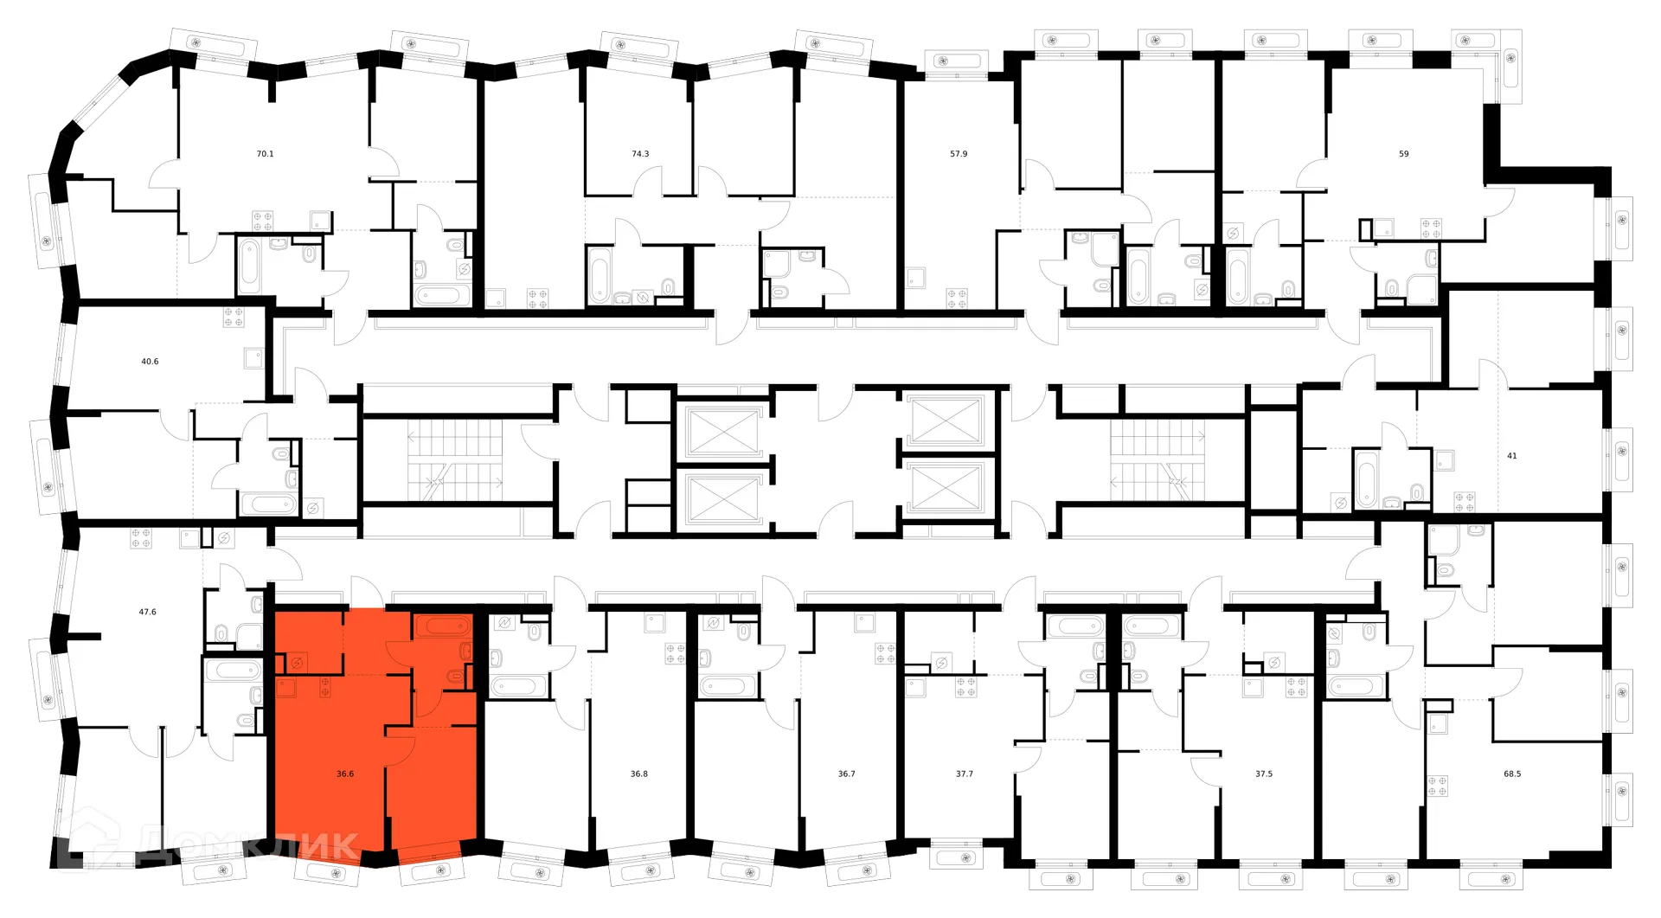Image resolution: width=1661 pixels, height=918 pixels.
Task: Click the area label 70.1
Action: coord(265,154)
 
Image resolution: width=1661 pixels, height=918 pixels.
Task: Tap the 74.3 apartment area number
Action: coord(640,154)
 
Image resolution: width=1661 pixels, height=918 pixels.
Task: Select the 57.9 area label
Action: coord(959,154)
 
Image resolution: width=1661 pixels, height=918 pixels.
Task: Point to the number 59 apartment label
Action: coord(1404,154)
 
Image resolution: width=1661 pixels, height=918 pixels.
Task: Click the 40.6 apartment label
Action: coord(150,362)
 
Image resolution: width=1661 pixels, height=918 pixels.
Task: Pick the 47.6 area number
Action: coord(148,612)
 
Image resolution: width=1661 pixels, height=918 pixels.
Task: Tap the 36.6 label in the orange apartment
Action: coord(345,774)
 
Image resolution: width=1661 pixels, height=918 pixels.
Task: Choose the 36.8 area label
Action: coord(639,774)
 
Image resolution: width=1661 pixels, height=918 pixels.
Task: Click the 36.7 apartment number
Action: coord(846,774)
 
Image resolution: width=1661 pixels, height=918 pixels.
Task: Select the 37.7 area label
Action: coord(965,774)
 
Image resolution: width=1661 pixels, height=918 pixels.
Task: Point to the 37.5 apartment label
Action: coord(1264,774)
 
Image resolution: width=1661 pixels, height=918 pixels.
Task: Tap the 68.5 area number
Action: coord(1512,774)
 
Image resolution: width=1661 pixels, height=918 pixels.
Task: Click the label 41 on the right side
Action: coord(1512,456)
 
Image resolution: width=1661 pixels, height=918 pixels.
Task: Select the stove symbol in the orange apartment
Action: coord(324,689)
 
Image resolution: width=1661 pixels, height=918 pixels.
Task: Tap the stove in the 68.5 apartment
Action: coord(1438,786)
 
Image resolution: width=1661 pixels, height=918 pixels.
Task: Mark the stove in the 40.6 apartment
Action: coord(234,317)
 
